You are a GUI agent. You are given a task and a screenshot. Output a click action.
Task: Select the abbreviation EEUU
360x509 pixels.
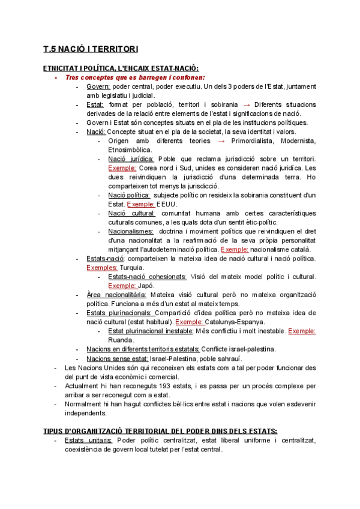(167, 204)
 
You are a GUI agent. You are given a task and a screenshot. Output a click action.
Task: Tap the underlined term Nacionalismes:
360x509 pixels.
(131, 231)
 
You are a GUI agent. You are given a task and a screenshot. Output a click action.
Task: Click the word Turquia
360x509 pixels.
(133, 267)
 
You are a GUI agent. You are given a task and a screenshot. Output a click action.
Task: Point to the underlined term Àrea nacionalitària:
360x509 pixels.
(116, 295)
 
